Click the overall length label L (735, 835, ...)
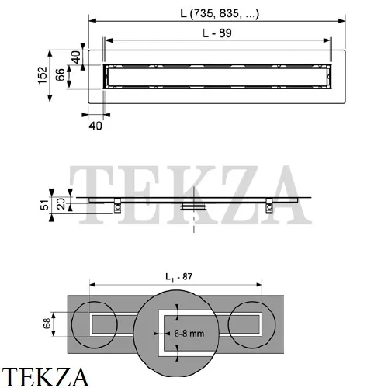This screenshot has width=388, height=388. click(x=220, y=13)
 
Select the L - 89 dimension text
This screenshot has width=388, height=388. click(x=217, y=33)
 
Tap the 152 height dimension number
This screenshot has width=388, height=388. click(x=43, y=75)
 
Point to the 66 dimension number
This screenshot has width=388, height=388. click(x=60, y=75)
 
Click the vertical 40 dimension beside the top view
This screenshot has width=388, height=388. click(x=76, y=57)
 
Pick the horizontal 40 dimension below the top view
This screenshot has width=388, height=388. click(x=95, y=126)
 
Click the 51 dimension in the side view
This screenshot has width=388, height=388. click(x=44, y=205)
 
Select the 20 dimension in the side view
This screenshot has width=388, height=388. click(x=61, y=204)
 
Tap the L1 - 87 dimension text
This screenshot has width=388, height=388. click(x=179, y=277)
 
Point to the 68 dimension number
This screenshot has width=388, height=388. click(x=47, y=324)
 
